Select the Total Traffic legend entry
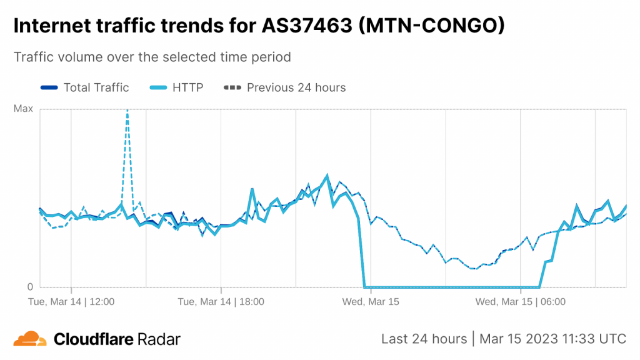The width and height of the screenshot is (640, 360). point(96,87)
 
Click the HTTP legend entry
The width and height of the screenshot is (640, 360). point(187,87)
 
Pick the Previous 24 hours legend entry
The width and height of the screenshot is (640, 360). point(296,87)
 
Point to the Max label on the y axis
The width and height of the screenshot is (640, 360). point(23,109)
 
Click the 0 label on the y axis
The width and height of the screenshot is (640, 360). point(29,287)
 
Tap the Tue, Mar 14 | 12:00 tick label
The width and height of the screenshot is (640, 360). point(71,302)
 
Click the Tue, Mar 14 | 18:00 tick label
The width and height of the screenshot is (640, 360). point(221,302)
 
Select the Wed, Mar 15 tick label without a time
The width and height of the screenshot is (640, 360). point(371,302)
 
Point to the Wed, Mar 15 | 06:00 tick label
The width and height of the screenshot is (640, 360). point(520,302)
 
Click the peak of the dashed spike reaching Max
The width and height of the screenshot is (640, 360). point(127,111)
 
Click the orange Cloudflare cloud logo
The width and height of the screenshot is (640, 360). point(29,339)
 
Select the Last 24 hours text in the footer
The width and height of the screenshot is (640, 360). point(424,339)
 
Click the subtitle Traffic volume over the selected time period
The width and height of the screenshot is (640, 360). point(152,57)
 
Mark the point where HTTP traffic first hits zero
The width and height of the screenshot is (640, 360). point(364,287)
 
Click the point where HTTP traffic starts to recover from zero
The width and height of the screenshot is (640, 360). point(539,287)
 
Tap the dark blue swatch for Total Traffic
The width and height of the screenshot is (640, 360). point(49,87)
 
